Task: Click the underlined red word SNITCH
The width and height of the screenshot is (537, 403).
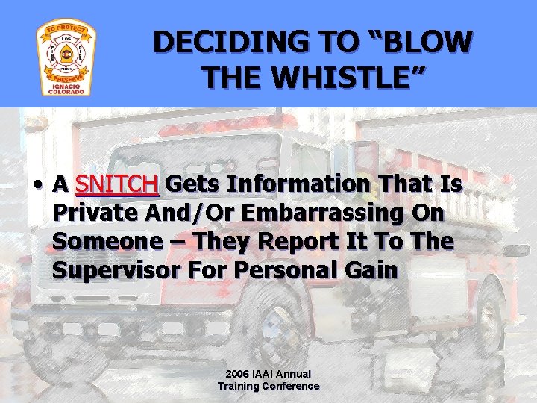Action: (117, 184)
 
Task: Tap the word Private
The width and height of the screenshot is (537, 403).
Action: (95, 213)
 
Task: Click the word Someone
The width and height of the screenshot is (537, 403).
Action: (104, 243)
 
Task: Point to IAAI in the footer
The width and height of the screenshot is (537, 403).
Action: (268, 374)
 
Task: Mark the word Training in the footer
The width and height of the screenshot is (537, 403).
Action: (237, 386)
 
